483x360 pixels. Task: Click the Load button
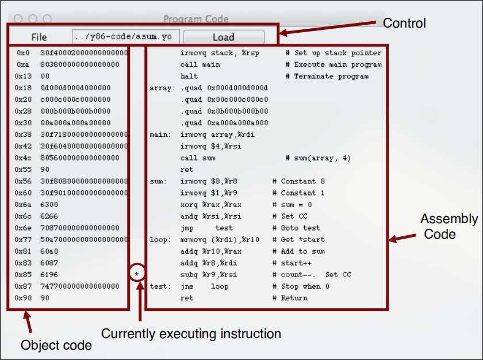coord(224,37)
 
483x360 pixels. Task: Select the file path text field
coord(126,37)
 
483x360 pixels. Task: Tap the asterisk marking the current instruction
coord(137,274)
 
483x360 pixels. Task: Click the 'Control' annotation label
coord(404,23)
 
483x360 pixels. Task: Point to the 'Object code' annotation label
coord(56,345)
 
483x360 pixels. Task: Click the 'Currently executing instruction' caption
coord(191,334)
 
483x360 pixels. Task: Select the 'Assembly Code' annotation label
coord(449,227)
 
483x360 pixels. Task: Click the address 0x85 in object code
coord(23,274)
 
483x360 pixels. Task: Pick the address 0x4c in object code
coord(23,158)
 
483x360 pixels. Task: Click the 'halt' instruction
coord(189,76)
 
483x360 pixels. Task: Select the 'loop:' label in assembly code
coord(160,240)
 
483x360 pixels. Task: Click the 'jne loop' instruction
coord(204,286)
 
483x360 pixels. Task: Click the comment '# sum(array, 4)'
coord(318,158)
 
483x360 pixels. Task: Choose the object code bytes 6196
coord(49,274)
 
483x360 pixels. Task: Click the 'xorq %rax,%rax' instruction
coord(211,205)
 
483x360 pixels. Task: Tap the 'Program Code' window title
coord(195,19)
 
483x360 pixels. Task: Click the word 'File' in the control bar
coord(39,37)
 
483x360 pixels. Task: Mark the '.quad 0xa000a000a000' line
coord(224,123)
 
